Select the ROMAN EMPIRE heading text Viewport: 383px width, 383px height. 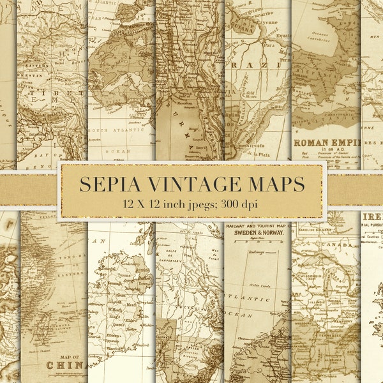pyautogui.click(x=326, y=142)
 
